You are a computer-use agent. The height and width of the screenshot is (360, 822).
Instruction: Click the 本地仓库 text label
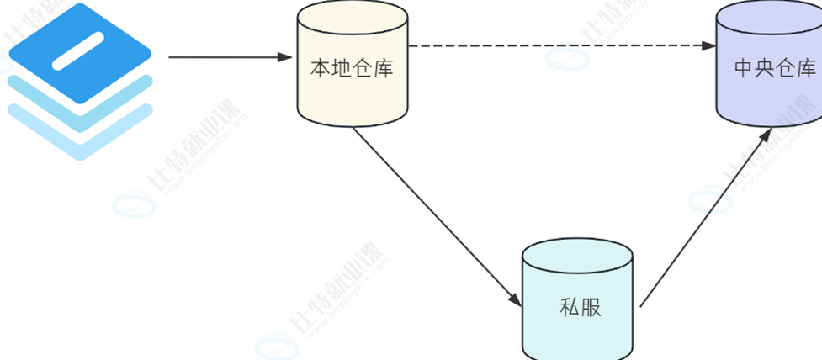pyautogui.click(x=353, y=68)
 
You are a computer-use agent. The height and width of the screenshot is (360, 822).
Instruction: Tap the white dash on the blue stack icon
pyautogui.click(x=78, y=50)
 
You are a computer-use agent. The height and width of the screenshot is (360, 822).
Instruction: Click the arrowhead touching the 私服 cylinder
pyautogui.click(x=514, y=298)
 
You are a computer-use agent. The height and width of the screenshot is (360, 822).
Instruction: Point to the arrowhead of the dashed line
pyautogui.click(x=708, y=45)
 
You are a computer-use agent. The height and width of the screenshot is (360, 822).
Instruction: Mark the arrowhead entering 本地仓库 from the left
pyautogui.click(x=285, y=57)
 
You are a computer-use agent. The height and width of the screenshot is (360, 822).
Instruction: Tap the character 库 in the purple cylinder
pyautogui.click(x=806, y=68)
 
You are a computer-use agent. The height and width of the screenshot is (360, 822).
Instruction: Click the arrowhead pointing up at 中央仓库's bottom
pyautogui.click(x=766, y=136)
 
